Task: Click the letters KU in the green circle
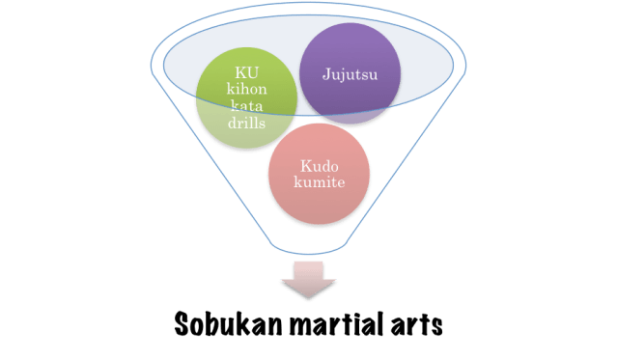246,72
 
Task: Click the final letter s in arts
435,325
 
